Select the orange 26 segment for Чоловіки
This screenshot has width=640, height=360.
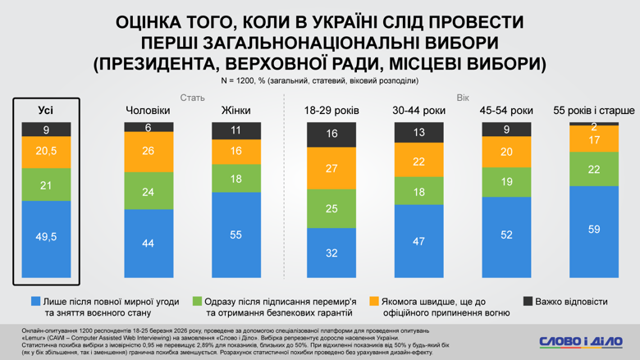[149, 152]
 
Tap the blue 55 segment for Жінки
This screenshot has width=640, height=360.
[236, 235]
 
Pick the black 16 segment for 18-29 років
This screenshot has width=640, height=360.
[331, 134]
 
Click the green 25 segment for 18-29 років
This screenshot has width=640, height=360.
[331, 209]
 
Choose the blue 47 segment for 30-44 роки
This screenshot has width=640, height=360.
[419, 241]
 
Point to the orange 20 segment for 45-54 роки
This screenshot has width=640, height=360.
[506, 152]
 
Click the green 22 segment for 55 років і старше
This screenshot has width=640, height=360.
[594, 169]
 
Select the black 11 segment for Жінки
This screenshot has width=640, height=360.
[236, 130]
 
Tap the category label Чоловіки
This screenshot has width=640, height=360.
[149, 110]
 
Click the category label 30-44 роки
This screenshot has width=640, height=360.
[419, 110]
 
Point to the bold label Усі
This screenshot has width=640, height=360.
[47, 110]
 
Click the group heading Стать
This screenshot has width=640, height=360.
[192, 98]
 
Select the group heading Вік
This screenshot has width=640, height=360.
[463, 98]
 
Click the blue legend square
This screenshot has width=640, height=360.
[35, 301]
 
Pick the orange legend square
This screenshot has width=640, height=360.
[375, 301]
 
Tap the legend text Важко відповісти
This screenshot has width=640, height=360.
[574, 301]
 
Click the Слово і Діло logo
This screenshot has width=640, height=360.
[580, 340]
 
